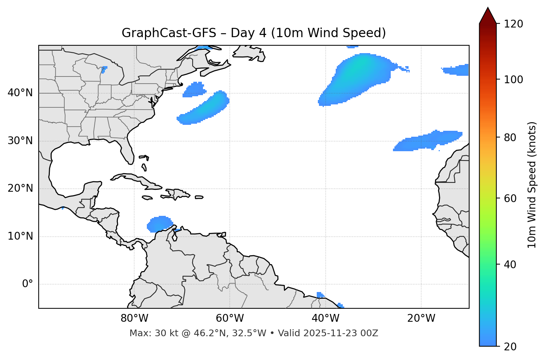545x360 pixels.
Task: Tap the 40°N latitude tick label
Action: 20,93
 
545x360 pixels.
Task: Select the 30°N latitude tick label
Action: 20,141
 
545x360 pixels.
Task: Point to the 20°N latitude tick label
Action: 20,188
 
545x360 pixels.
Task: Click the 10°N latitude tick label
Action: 20,236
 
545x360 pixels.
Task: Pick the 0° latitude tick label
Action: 28,284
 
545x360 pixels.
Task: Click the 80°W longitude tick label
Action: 134,318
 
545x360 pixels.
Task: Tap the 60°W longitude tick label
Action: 230,318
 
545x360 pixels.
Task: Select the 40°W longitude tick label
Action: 325,318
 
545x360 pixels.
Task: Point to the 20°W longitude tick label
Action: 421,318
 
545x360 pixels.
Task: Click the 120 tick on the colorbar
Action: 514,24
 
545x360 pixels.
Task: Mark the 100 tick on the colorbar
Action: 514,80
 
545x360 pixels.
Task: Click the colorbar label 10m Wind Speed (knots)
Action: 532,185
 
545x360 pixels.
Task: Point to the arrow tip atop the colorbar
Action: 488,8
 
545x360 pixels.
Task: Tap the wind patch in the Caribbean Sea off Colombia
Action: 160,224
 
